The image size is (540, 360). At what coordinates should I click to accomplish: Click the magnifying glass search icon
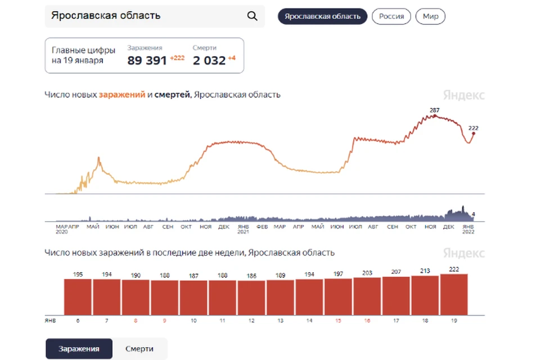coord(252,16)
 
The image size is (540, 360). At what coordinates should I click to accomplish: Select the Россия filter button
coord(391,16)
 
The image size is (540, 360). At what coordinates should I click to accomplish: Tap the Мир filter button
coord(430,16)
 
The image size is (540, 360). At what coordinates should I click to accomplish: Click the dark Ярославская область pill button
coord(322,16)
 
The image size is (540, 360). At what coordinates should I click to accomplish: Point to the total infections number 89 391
coord(147,61)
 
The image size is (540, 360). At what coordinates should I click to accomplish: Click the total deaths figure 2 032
coord(209,61)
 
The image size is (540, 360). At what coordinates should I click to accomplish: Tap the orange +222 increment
coord(177,58)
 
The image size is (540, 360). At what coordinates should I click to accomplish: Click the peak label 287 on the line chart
coord(435,110)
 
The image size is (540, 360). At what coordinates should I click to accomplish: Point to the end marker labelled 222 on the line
coord(474,133)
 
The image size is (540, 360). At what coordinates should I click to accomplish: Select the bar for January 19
coord(454,295)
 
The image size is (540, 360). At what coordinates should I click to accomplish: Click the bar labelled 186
coord(251,298)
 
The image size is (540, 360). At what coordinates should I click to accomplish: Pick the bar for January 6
coord(78,297)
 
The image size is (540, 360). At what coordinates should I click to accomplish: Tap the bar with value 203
coord(367,296)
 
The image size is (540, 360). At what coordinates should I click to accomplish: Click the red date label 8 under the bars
coord(136,321)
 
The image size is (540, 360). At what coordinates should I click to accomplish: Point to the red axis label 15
coord(338,321)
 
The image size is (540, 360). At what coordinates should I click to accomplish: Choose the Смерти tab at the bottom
coord(139,349)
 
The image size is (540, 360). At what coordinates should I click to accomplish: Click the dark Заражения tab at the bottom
coord(79,349)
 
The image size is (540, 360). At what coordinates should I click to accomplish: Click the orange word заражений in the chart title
coord(122,94)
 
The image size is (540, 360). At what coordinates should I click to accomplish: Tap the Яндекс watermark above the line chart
coord(463,95)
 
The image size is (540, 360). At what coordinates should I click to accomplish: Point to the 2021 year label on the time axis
coord(243,232)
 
